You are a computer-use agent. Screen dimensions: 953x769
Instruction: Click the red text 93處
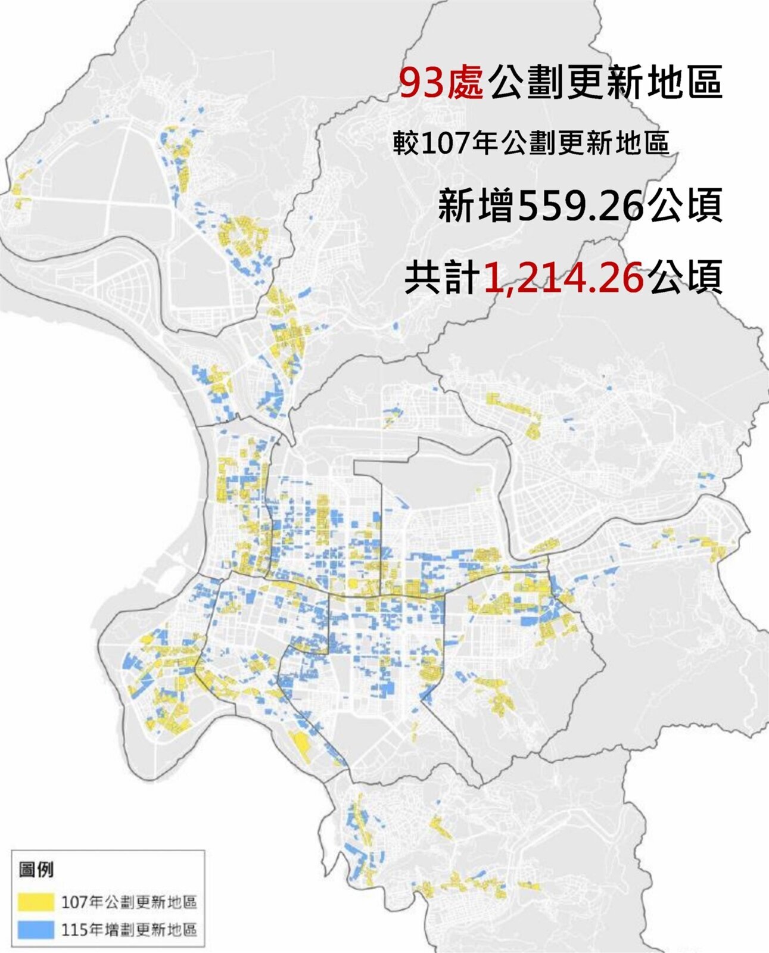click(440, 82)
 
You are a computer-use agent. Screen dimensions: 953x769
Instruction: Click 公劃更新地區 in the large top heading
click(604, 82)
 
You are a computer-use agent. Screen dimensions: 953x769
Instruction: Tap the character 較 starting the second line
click(406, 143)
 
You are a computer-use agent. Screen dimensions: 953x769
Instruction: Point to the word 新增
click(476, 205)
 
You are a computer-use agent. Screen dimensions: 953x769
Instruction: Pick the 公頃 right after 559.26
click(686, 205)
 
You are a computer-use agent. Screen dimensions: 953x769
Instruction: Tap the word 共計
click(443, 277)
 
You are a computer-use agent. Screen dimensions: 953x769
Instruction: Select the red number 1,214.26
click(563, 277)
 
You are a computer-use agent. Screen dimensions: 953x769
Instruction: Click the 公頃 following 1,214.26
click(686, 277)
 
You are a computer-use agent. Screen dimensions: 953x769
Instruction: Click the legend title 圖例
click(36, 870)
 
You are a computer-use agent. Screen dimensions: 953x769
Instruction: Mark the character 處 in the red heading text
click(463, 82)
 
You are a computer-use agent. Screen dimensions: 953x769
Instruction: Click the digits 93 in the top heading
click(421, 82)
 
